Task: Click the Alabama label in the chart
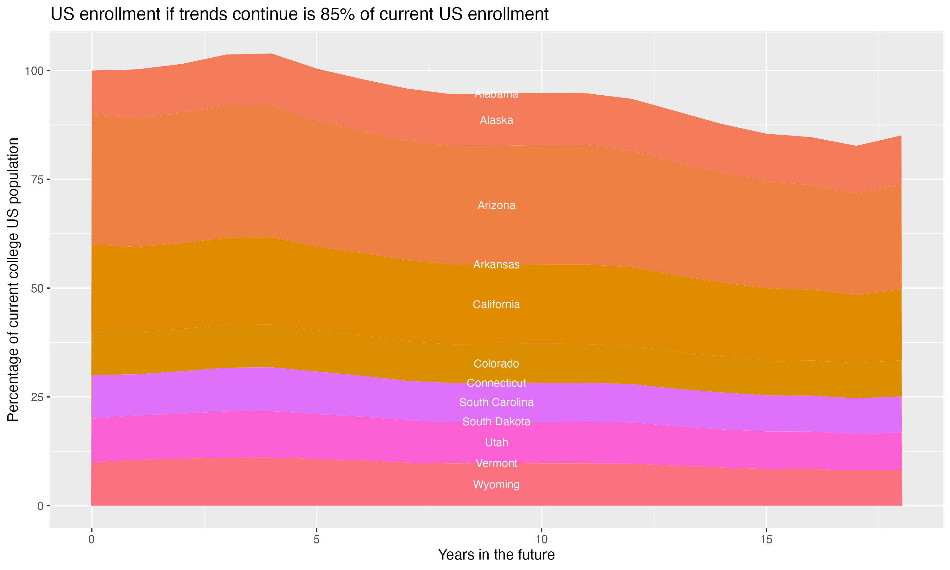(x=496, y=94)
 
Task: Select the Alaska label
(x=496, y=120)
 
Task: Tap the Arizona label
(x=496, y=206)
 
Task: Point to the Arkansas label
(x=496, y=265)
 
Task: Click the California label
(x=496, y=305)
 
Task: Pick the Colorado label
(x=496, y=364)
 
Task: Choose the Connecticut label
(x=496, y=383)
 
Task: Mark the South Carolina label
(x=496, y=402)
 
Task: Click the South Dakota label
(x=496, y=422)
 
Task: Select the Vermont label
(x=496, y=463)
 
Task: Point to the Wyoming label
(x=496, y=485)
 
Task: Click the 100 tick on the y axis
(x=35, y=71)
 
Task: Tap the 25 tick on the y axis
(x=38, y=397)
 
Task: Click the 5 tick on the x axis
(x=316, y=540)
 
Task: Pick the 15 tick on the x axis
(x=766, y=540)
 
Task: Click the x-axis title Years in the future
(x=496, y=555)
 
